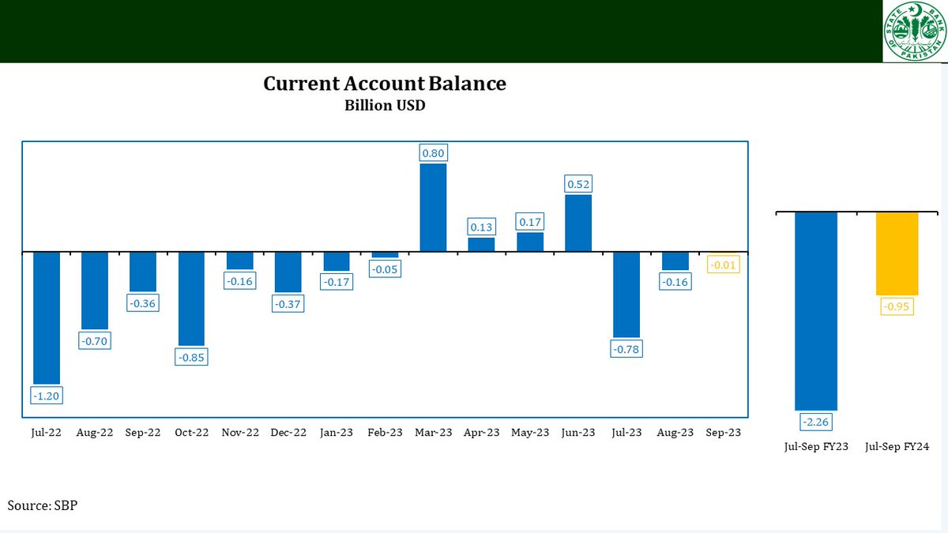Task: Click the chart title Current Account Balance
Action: (385, 84)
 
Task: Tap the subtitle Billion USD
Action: (385, 105)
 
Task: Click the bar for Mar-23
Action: (433, 208)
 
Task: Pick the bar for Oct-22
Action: (191, 298)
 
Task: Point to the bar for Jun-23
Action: (578, 223)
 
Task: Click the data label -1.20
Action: (47, 396)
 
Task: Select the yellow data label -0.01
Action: (723, 265)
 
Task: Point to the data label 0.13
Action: (481, 227)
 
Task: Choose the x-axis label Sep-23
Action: (723, 433)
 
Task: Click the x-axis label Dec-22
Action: (288, 433)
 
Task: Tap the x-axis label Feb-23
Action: (385, 433)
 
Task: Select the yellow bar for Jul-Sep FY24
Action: (897, 253)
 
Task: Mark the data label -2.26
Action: (816, 423)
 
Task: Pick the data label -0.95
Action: (897, 306)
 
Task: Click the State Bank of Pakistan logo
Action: (914, 31)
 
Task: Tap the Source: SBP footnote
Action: (43, 505)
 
